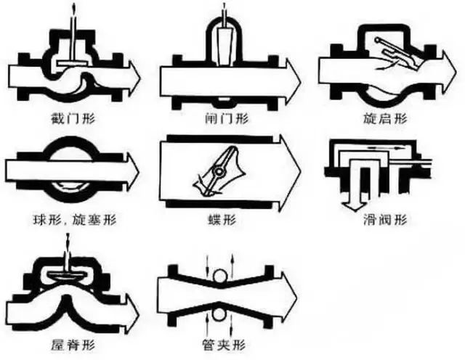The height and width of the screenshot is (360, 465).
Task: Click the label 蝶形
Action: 227,217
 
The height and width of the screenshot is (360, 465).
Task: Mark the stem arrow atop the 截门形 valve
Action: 73,13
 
